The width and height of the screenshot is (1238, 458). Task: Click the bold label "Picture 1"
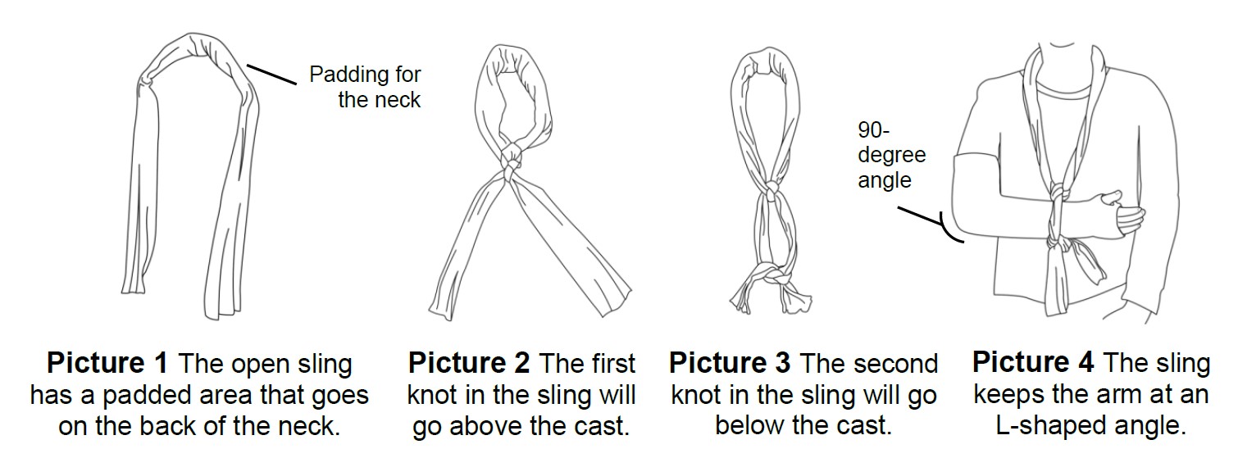point(107,363)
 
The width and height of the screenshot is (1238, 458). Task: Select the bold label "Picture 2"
point(468,363)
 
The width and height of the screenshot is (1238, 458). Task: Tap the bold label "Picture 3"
point(730,363)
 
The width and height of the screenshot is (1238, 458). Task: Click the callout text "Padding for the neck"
point(365,88)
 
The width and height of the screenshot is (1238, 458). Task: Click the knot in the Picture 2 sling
point(509,159)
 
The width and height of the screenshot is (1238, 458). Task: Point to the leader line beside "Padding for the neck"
point(271,75)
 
